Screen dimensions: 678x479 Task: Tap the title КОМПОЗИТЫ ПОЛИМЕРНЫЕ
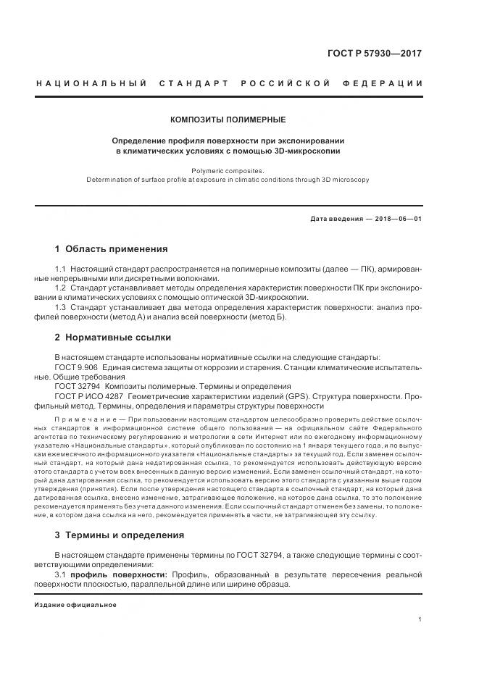pyautogui.click(x=228, y=120)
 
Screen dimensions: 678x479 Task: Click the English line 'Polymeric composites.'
pyautogui.click(x=228, y=170)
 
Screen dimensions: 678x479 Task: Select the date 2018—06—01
pyautogui.click(x=400, y=219)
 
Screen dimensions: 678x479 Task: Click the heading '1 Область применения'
pyautogui.click(x=111, y=249)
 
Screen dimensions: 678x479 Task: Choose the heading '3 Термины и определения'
pyautogui.click(x=120, y=535)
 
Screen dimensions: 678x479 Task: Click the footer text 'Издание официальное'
pyautogui.click(x=75, y=604)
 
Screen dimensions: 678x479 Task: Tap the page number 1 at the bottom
pyautogui.click(x=420, y=620)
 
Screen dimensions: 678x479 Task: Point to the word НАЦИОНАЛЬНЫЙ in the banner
pyautogui.click(x=82, y=84)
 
